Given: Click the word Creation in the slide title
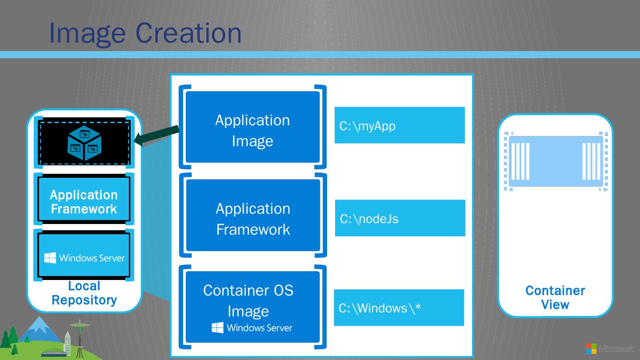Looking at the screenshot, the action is coord(188,33).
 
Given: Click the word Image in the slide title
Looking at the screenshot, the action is coord(88,34).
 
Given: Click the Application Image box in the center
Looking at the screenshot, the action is coord(252,127).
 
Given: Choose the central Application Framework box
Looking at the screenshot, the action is coord(253,215).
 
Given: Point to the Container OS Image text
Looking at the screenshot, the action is coord(248,300).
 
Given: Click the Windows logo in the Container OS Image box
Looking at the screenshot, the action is coord(217,328).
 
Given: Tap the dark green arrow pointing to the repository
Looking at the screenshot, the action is coord(156,136).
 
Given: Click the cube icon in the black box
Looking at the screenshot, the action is coord(84,143).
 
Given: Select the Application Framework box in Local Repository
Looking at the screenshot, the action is coord(84,199).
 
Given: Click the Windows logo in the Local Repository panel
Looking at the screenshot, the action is coord(50,258).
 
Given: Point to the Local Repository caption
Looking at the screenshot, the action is coord(84,293).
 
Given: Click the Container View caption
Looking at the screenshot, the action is coord(555,297).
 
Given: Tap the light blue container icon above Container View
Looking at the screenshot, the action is coord(556,161).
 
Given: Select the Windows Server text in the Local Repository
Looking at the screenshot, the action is coord(92,258).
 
